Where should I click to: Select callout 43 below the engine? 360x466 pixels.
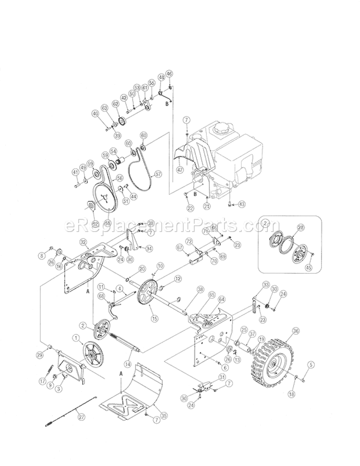(x=241, y=204)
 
